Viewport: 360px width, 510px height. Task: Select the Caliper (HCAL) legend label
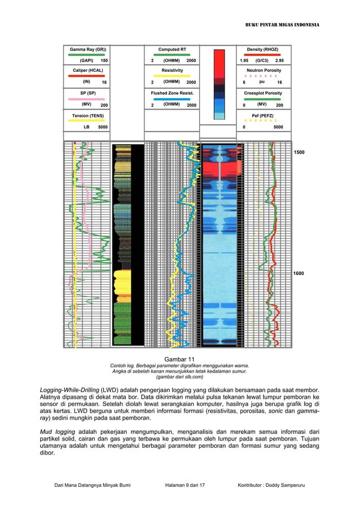pos(87,71)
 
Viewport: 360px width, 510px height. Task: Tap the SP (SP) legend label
pos(87,93)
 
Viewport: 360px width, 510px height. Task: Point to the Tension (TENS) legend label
pos(87,116)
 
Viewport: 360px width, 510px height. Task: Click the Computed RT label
pos(172,49)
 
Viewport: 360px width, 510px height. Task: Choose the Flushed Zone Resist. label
pos(172,93)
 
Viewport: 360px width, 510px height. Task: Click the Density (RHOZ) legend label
pos(262,49)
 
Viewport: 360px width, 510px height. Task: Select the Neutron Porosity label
pos(262,71)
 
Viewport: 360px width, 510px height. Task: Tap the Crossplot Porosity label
pos(262,93)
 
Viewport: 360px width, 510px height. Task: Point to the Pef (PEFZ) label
pos(262,116)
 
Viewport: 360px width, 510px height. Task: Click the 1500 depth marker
pos(298,153)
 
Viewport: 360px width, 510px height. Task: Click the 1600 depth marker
pos(298,273)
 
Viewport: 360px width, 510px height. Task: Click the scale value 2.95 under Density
pos(279,60)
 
